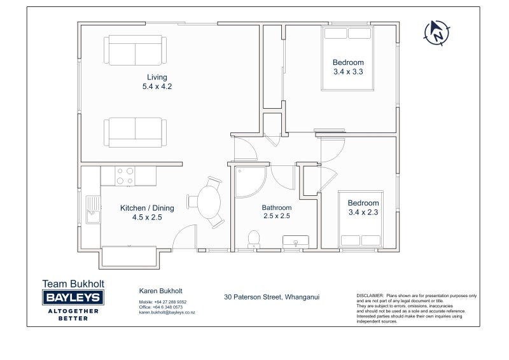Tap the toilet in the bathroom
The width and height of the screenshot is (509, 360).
(253, 239)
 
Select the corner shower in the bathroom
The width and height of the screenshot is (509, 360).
(250, 182)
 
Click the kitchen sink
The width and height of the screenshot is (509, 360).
(93, 210)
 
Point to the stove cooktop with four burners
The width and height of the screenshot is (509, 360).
(125, 176)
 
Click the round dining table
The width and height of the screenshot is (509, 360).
(209, 202)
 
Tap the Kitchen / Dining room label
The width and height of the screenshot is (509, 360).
(147, 208)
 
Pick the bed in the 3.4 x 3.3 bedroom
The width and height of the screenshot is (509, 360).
(347, 58)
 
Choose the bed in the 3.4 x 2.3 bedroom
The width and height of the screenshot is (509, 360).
(361, 219)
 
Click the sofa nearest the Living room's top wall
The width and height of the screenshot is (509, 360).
(135, 50)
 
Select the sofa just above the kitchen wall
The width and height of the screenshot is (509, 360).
(135, 132)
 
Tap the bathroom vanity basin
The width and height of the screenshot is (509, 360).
(295, 242)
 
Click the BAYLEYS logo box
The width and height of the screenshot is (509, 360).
(73, 297)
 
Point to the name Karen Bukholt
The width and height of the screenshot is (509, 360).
(161, 291)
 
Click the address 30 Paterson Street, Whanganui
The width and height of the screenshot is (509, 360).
(272, 297)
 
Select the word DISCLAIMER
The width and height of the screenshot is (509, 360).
(370, 296)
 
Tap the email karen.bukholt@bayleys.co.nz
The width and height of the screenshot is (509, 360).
(167, 312)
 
